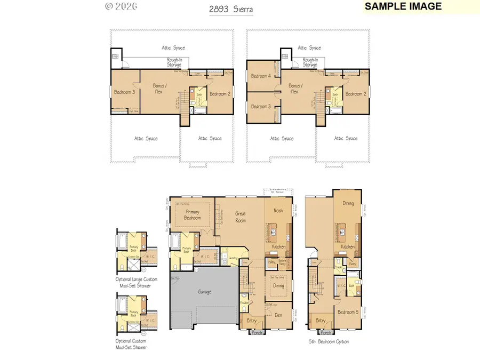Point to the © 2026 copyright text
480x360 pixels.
[121, 6]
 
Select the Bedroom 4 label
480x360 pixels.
[261, 76]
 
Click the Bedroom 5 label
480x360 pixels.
[348, 311]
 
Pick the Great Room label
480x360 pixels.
[241, 217]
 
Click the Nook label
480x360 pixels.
[278, 211]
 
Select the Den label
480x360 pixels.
[279, 315]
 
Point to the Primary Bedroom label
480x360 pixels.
[193, 215]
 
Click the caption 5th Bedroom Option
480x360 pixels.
[329, 341]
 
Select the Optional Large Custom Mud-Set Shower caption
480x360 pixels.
[133, 282]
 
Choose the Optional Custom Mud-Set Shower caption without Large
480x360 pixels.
[131, 344]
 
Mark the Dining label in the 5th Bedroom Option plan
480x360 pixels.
[348, 203]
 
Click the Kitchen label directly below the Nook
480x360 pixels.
[279, 247]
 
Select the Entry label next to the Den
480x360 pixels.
[251, 321]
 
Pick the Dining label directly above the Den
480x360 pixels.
[279, 286]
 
